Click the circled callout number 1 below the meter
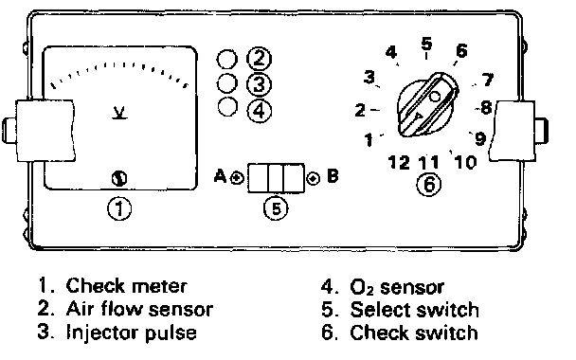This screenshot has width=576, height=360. click(x=119, y=209)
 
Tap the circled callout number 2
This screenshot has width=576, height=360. click(x=259, y=59)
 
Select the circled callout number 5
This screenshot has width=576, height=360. click(x=276, y=208)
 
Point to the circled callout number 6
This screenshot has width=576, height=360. click(x=429, y=184)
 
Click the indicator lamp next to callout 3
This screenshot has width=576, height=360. click(x=227, y=83)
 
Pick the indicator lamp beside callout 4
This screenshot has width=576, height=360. click(x=227, y=107)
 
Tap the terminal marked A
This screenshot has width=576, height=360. click(x=237, y=178)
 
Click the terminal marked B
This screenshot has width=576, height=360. click(x=314, y=178)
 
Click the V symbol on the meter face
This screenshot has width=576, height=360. click(x=119, y=113)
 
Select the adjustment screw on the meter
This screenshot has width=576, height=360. click(x=119, y=178)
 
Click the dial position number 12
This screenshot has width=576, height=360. click(x=399, y=162)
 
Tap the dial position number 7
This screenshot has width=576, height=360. click(x=488, y=80)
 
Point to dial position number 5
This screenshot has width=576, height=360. click(x=426, y=44)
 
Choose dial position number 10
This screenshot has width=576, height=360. click(x=465, y=162)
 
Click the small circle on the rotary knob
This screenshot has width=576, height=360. click(x=435, y=97)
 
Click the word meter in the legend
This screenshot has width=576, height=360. click(x=159, y=286)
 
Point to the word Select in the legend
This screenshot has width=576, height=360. click(x=380, y=309)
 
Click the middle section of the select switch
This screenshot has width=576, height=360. click(x=276, y=178)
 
